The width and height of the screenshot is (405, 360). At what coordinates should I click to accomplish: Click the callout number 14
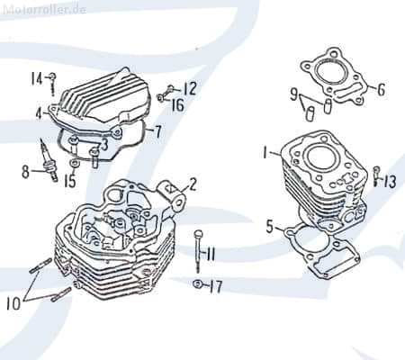point(37,77)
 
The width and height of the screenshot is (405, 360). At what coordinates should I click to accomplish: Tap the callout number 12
point(189,88)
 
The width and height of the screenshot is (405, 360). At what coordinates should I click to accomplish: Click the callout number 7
point(158,132)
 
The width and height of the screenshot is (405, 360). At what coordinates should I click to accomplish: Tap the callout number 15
point(69,180)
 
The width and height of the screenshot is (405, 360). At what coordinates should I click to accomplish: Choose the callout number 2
point(193,184)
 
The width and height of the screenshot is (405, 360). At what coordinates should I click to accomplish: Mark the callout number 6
point(381,89)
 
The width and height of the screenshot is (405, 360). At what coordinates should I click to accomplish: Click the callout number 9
point(294,94)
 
